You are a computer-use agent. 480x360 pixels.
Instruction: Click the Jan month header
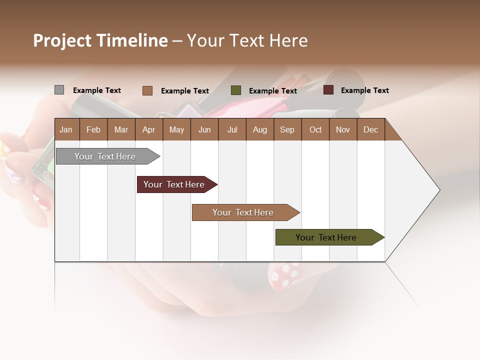66,129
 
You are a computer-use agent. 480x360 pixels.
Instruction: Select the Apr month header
149,129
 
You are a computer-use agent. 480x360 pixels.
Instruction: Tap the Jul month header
232,129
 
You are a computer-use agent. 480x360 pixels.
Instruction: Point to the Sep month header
287,129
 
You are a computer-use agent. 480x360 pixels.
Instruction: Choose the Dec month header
370,129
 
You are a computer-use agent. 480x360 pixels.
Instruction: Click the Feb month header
93,129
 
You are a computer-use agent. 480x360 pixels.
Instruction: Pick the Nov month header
342,129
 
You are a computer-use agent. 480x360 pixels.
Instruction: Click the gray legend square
59,90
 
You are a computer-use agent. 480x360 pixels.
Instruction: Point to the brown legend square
147,90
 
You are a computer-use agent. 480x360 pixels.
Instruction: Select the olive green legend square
236,90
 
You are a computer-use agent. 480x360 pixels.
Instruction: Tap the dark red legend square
328,90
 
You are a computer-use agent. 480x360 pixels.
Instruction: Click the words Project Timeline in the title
100,40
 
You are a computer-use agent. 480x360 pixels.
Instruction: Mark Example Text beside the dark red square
364,90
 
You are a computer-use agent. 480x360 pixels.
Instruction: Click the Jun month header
204,129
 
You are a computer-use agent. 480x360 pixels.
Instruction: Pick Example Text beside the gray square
97,90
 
